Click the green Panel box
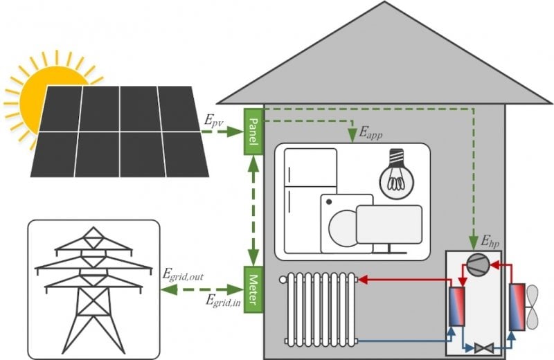[253, 132]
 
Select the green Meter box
[253, 289]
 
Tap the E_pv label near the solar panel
[214, 121]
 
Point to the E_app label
[370, 133]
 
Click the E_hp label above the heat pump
[490, 242]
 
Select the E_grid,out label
[183, 275]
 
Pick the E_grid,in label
[223, 301]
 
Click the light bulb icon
[396, 174]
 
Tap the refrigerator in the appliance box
[310, 200]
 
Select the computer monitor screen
[389, 225]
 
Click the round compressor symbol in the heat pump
[479, 264]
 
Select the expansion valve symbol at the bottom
[483, 348]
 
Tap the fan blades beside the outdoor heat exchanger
[533, 307]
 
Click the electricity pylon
[93, 289]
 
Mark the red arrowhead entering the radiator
[363, 280]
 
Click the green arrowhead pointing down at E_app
[352, 136]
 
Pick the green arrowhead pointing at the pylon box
[169, 289]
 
